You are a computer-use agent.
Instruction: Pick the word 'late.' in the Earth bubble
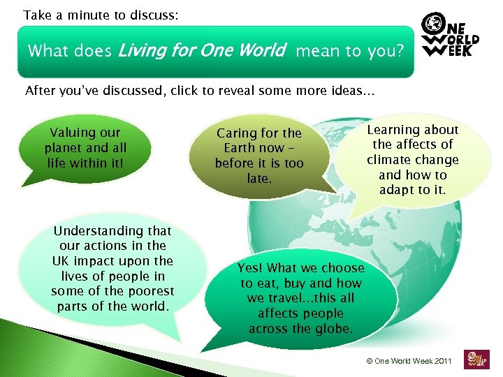point(259,179)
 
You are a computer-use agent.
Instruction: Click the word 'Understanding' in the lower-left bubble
point(112,231)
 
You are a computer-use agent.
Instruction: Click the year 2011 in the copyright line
point(441,361)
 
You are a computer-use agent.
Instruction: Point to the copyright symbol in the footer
point(369,361)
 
